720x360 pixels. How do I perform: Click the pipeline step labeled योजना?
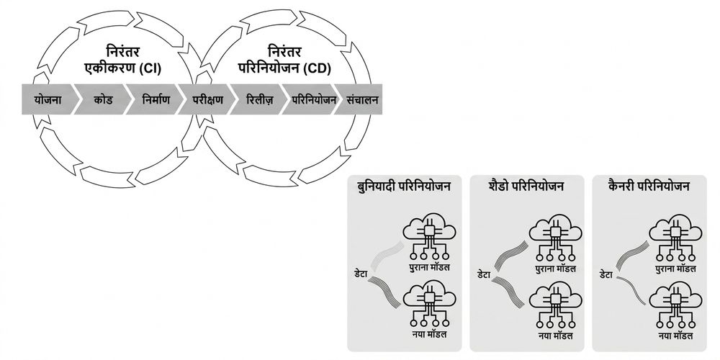(x=48, y=99)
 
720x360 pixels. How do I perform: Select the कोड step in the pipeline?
(x=103, y=99)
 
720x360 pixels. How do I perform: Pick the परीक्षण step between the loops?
(x=207, y=99)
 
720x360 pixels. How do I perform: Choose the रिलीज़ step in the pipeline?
(x=259, y=99)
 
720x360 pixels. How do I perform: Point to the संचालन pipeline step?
(x=361, y=99)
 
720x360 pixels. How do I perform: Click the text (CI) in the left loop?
(x=150, y=69)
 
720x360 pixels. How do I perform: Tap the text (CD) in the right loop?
(x=318, y=69)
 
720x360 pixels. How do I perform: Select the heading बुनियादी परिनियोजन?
(x=404, y=186)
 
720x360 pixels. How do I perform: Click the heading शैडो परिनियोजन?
(x=526, y=186)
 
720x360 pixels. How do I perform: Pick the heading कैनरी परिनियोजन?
(x=649, y=186)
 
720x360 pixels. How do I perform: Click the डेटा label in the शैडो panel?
(x=484, y=275)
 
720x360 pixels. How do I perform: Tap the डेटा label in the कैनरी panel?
(x=606, y=275)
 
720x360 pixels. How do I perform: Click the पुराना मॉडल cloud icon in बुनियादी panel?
(x=429, y=237)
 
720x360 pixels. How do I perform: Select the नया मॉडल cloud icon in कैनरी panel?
(x=675, y=306)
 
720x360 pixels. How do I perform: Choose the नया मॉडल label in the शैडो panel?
(x=556, y=336)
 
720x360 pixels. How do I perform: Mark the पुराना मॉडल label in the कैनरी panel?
(x=675, y=269)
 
